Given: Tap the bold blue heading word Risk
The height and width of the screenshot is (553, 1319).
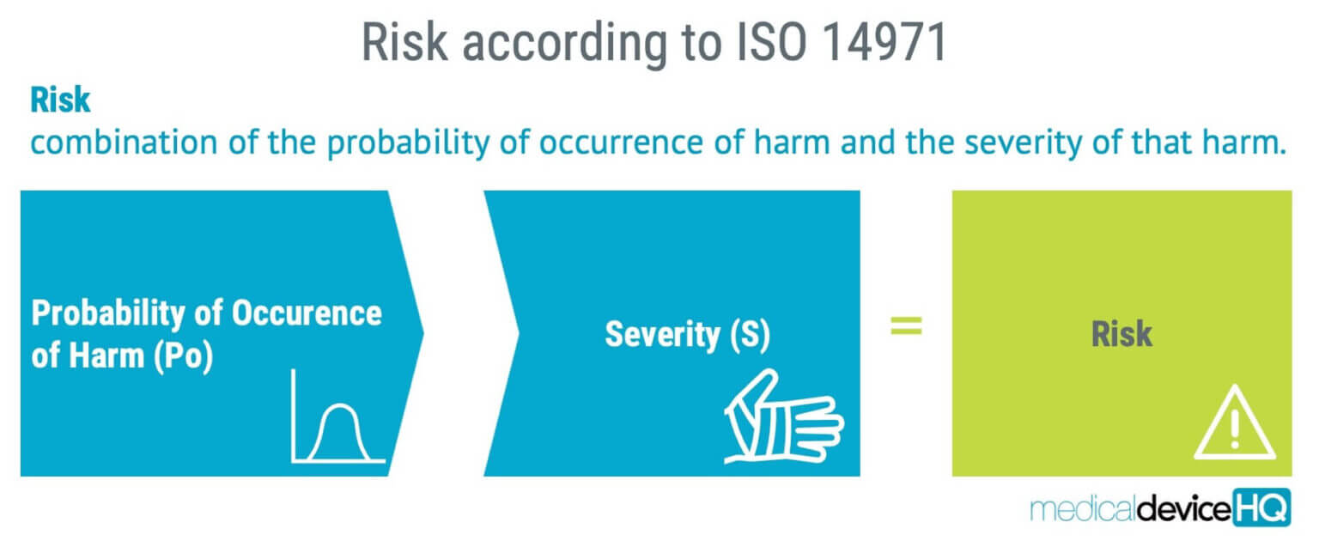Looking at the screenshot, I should point(60,100).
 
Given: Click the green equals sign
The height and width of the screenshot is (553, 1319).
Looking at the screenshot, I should point(906,325).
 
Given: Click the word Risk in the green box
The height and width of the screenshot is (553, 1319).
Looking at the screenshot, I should point(1121,334).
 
